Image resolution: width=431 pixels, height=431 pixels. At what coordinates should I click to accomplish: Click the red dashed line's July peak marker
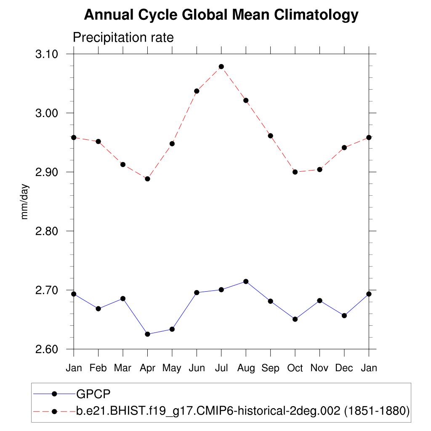(x=221, y=67)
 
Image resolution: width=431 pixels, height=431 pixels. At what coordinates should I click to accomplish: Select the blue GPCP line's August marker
(x=246, y=281)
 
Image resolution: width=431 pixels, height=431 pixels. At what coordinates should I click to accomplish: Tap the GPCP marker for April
(x=147, y=334)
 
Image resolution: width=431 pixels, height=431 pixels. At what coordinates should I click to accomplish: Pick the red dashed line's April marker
(x=147, y=179)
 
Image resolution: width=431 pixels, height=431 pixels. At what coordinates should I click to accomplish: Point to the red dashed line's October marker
(x=295, y=172)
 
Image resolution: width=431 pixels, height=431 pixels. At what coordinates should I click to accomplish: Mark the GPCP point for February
(x=98, y=309)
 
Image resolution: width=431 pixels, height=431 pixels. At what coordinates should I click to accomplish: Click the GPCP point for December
(x=344, y=315)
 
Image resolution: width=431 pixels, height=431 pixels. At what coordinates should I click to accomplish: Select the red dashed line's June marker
(x=197, y=91)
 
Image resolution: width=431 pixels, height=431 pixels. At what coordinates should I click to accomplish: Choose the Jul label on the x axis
(x=221, y=368)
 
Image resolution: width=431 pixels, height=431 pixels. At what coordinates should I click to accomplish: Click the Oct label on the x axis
(x=295, y=368)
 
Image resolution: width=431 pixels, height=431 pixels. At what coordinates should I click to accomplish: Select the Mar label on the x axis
(x=122, y=368)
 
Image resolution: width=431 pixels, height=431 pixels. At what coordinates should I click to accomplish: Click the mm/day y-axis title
(x=25, y=201)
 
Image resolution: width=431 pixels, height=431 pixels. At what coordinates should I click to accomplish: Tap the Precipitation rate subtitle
(x=123, y=37)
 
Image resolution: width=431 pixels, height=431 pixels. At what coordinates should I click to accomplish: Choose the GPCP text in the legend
(x=93, y=394)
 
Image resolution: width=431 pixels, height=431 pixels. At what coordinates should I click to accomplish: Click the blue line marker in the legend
(x=54, y=394)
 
